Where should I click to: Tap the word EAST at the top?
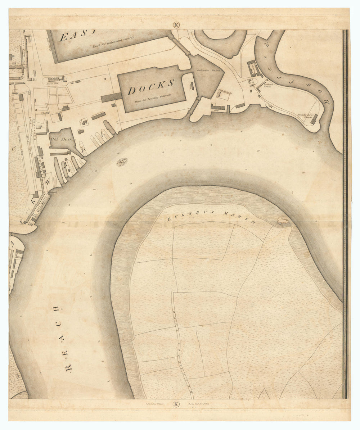click(x=77, y=36)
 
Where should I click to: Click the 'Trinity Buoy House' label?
click(x=306, y=116)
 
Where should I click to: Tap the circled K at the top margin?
click(x=176, y=25)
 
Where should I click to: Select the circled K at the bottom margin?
click(x=176, y=404)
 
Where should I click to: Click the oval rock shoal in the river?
click(x=122, y=163)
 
